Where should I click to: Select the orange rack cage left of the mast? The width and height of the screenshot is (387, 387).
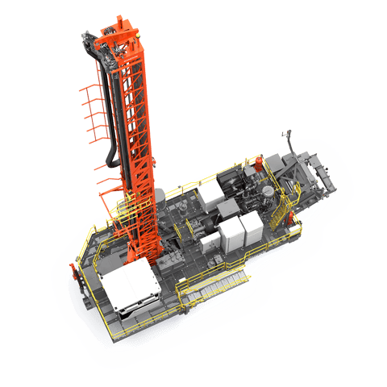tap(94, 121)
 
